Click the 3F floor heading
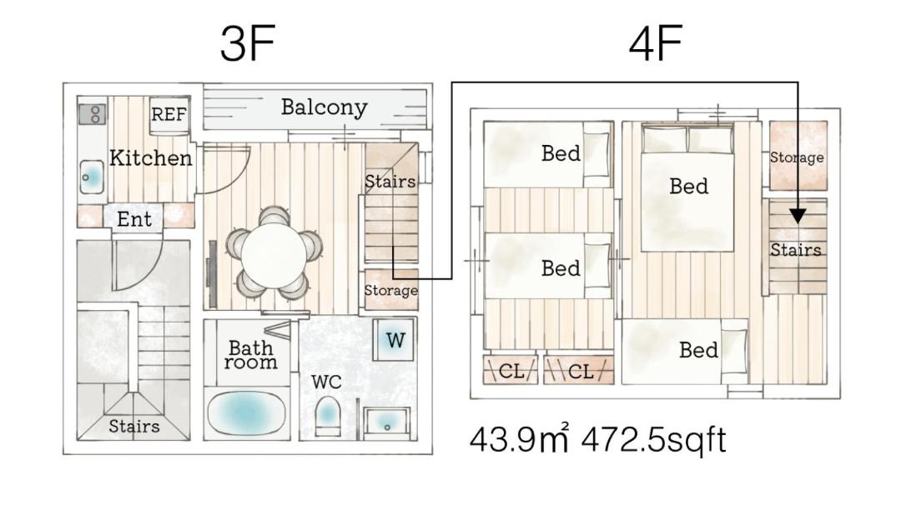[248, 43]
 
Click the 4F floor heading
[656, 43]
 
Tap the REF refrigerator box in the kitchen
[169, 115]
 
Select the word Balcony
[324, 107]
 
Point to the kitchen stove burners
[92, 114]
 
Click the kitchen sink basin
[92, 177]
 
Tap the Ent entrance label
[134, 218]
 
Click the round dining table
[274, 255]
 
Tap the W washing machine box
[395, 340]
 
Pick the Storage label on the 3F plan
[390, 290]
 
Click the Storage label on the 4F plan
[797, 157]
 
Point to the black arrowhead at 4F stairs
[798, 216]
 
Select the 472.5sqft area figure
[654, 440]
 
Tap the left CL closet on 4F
[511, 371]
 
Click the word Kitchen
[150, 157]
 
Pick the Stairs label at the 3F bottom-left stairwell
[133, 427]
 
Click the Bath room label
[250, 355]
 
